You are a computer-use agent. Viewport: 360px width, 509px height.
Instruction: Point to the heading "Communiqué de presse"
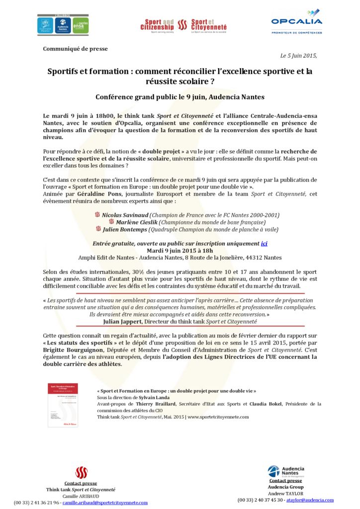pyautogui.click(x=75, y=49)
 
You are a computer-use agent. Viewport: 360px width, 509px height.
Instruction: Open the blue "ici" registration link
pyautogui.click(x=264, y=244)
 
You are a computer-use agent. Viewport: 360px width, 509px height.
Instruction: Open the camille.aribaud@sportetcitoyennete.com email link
pyautogui.click(x=105, y=503)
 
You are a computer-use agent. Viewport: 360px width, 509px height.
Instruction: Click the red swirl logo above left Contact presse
pyautogui.click(x=81, y=473)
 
